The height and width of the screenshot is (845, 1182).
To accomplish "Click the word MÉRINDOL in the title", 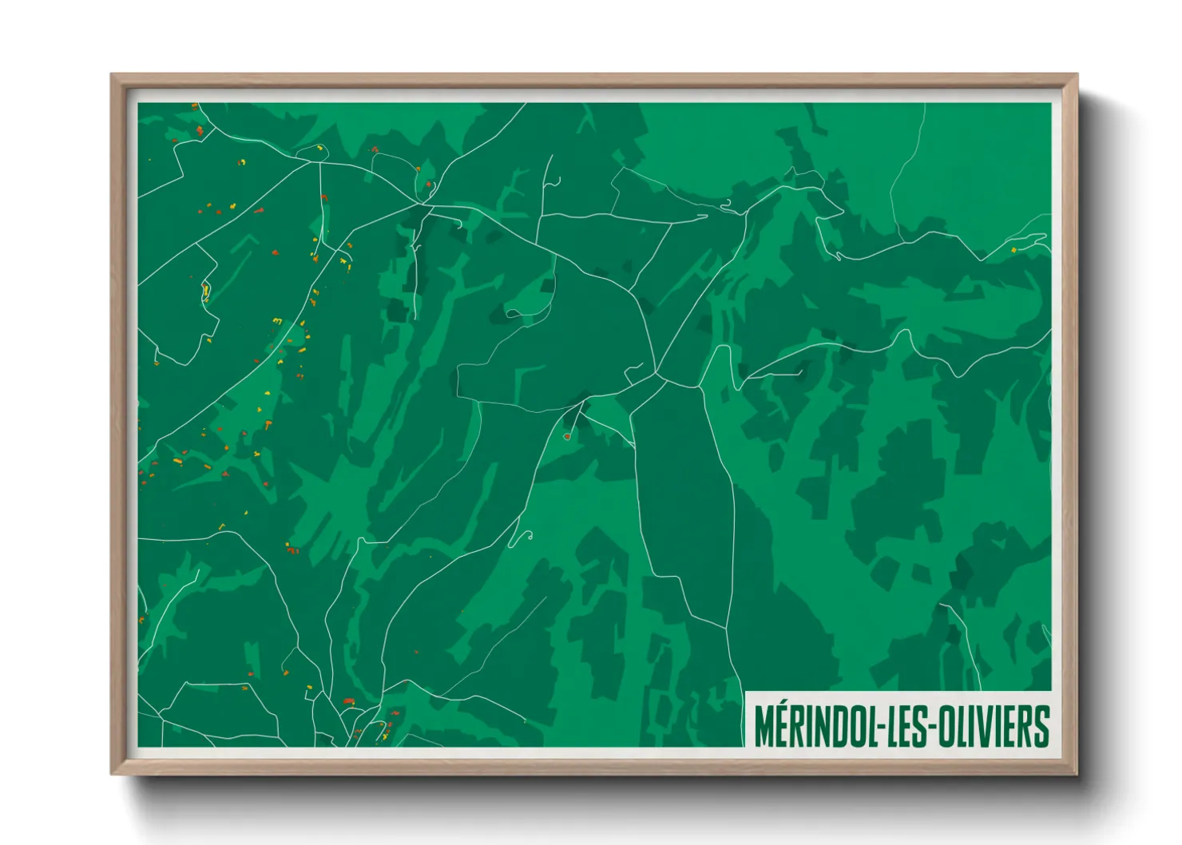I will (x=813, y=725).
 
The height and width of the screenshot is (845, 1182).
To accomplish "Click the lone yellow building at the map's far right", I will (x=1013, y=250).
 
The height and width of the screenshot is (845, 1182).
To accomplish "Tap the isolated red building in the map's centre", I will (x=567, y=436).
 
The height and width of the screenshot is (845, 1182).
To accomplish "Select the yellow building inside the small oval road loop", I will (x=205, y=291).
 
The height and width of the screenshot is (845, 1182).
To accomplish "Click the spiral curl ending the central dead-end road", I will (x=526, y=536).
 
